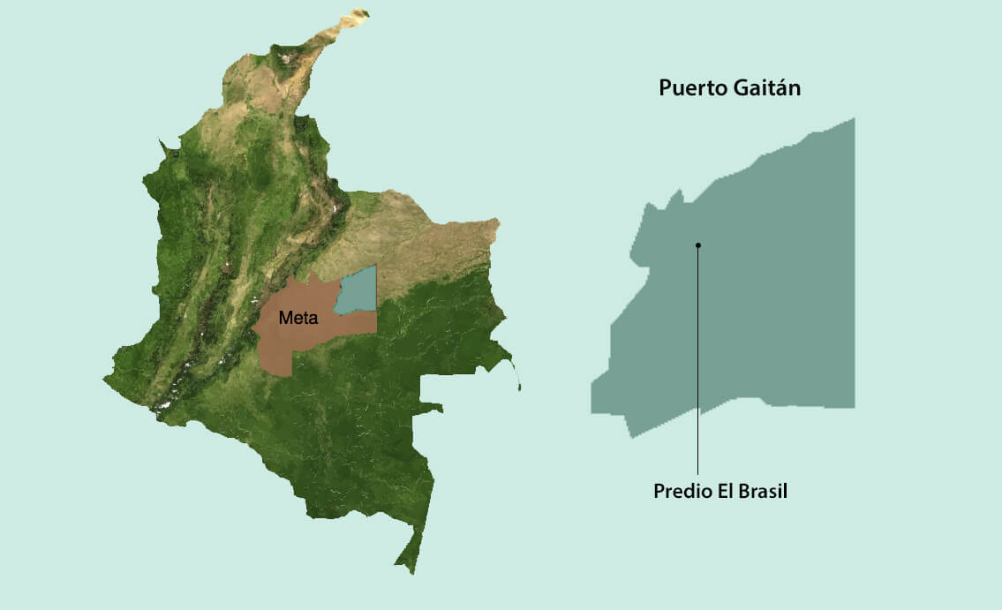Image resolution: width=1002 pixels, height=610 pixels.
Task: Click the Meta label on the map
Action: [x=298, y=318]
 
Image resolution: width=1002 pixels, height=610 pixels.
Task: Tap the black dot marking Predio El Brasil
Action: [x=697, y=245]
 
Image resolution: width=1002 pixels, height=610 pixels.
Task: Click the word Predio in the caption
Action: [x=681, y=492]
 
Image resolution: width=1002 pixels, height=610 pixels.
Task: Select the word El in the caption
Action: [x=720, y=492]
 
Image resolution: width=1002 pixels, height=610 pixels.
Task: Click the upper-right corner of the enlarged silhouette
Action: [x=853, y=120]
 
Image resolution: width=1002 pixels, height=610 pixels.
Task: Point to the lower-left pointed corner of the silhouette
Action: [x=632, y=436]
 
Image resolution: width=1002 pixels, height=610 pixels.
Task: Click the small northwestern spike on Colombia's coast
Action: [x=161, y=141]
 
